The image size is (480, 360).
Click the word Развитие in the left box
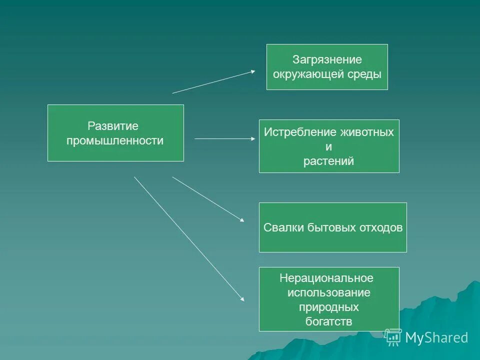(x=113, y=126)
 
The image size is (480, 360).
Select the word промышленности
(x=115, y=141)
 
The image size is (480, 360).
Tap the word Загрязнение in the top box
(x=327, y=60)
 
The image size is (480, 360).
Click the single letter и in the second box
(x=328, y=147)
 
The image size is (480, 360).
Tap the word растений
(x=328, y=161)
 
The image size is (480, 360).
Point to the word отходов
(x=380, y=228)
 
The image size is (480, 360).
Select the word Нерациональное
(x=326, y=278)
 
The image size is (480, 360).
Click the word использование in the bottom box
(x=328, y=292)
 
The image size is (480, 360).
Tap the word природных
(x=328, y=307)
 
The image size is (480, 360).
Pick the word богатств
(x=328, y=321)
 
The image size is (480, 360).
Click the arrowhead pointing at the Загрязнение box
(x=252, y=71)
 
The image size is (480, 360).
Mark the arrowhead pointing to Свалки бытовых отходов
(x=241, y=219)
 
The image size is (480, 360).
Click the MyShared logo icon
(x=393, y=337)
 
